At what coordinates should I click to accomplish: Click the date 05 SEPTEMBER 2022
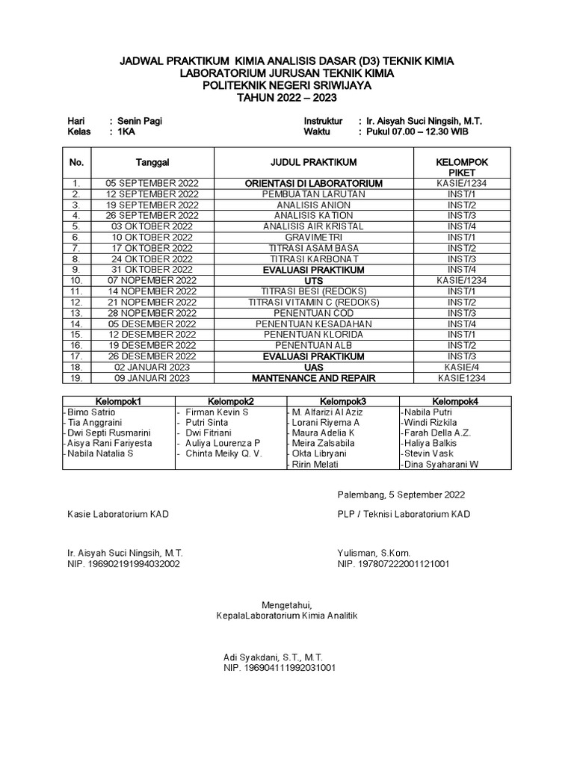[152, 183]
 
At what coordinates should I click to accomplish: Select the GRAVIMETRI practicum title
[313, 237]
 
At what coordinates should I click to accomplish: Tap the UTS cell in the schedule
[313, 280]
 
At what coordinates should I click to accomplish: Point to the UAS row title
[313, 368]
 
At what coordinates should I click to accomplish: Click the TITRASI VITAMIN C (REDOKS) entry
[313, 302]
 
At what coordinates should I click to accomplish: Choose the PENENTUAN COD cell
[313, 313]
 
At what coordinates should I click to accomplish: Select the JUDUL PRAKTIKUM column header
[313, 162]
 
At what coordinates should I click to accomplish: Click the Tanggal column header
[152, 162]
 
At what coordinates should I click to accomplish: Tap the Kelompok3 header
[342, 401]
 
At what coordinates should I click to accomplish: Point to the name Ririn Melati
[317, 465]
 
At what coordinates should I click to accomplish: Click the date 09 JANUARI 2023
[152, 378]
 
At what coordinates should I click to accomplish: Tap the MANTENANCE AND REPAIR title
[313, 378]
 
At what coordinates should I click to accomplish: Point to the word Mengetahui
[286, 604]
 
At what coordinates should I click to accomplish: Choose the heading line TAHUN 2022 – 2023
[286, 97]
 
